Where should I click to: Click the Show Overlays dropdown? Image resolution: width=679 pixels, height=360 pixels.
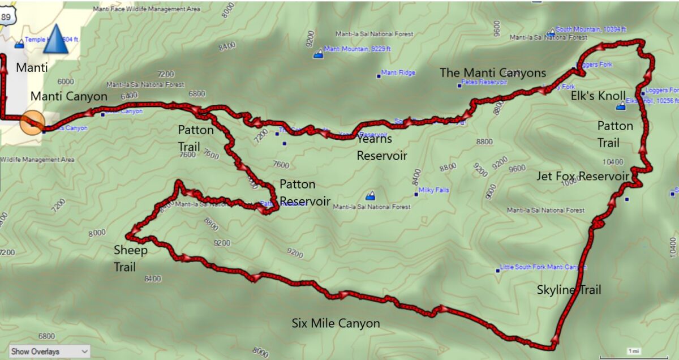coord(49,352)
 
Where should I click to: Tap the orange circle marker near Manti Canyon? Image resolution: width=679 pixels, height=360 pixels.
coord(32,122)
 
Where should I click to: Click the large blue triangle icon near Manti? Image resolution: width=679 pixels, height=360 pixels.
coord(55,39)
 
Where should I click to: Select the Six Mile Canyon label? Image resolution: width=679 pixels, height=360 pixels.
coord(336,323)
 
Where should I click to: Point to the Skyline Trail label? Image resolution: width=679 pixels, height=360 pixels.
coord(569,290)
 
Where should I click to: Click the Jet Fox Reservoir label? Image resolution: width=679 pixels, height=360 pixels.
coord(583,177)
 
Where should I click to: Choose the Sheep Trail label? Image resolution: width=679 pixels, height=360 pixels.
coord(130,259)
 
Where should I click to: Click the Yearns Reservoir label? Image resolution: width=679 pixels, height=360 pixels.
coord(381,148)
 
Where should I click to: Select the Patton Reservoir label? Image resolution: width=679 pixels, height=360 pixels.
coord(305,193)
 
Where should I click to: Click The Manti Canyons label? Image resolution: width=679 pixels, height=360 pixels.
coord(493,72)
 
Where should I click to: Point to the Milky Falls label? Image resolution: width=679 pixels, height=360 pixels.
coord(435,190)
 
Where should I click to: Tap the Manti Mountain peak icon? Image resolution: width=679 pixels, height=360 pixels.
coord(319,53)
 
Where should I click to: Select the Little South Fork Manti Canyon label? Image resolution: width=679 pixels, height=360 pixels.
coord(544,267)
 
